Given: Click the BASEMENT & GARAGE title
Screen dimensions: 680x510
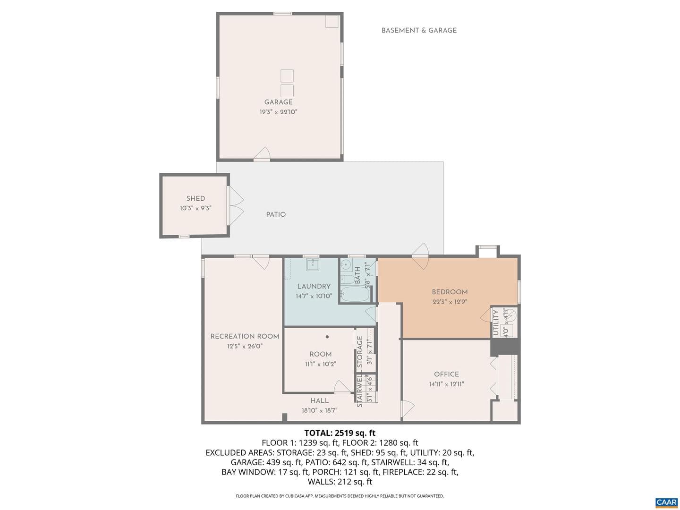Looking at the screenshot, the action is (x=419, y=30).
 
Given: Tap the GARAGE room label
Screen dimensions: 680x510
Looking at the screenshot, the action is (x=278, y=102).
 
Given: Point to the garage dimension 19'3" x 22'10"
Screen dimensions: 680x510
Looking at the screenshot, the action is (x=278, y=112).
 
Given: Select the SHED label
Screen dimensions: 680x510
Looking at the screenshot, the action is (x=195, y=198).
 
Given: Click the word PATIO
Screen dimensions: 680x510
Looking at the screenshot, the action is (x=276, y=214).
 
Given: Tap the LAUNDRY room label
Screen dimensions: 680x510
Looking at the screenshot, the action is (x=314, y=286).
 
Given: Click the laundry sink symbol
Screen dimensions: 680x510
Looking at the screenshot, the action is (x=313, y=265).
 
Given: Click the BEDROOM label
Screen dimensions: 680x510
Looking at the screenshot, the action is (x=450, y=292).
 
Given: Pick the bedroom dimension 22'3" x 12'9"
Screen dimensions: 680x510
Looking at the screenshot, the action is (x=450, y=302).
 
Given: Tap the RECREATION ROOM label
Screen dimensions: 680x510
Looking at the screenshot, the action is (x=245, y=336).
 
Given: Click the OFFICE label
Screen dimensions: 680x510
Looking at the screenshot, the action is (x=446, y=374).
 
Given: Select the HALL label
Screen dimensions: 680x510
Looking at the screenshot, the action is (x=319, y=400).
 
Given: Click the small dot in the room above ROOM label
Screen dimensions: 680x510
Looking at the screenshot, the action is (x=327, y=337).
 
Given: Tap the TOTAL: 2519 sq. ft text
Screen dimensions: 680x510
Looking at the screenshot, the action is (x=340, y=433).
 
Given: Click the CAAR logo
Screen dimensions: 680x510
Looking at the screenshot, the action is (x=666, y=502).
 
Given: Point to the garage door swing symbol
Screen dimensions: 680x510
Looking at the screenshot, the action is (x=263, y=154).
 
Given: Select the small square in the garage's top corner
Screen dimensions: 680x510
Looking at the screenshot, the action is (x=332, y=21).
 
